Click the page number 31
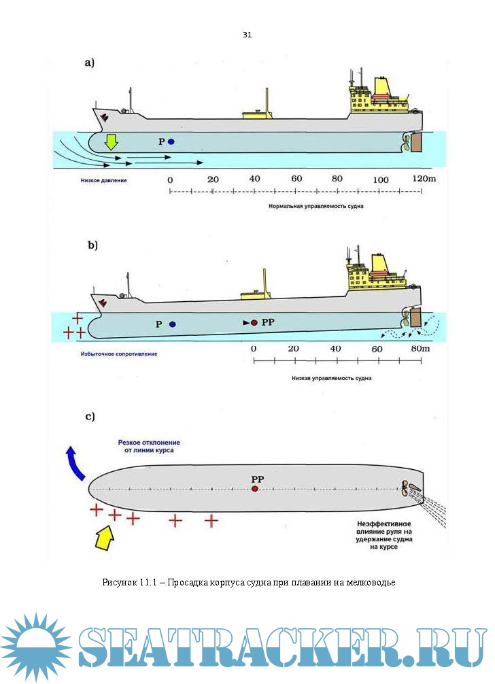tap(247, 35)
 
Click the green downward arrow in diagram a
tap(111, 141)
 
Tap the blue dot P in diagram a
tap(171, 141)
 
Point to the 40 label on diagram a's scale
tap(255, 179)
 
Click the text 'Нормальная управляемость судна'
tap(311, 205)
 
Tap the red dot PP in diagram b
tap(254, 323)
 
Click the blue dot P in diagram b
tap(172, 324)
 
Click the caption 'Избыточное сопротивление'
tap(118, 354)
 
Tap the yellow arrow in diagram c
tap(106, 536)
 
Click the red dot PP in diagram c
tap(254, 489)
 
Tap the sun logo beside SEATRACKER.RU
tap(34, 646)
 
